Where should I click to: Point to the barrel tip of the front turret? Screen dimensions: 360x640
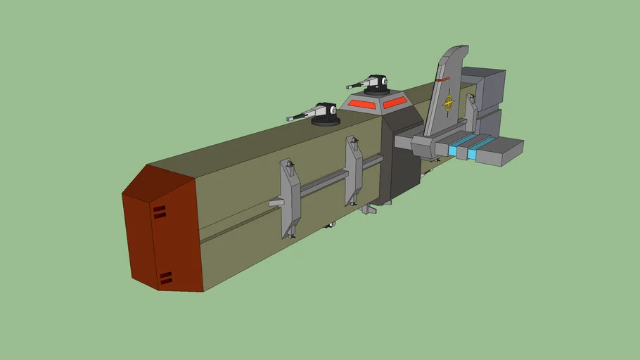click(x=288, y=119)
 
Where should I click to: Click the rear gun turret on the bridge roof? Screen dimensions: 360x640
click(x=376, y=85)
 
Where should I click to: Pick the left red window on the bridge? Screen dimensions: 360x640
click(x=364, y=105)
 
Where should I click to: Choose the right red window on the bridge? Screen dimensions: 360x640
click(x=395, y=102)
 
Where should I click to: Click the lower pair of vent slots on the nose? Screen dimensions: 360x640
click(x=165, y=278)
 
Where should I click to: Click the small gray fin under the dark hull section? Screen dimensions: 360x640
click(x=366, y=209)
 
